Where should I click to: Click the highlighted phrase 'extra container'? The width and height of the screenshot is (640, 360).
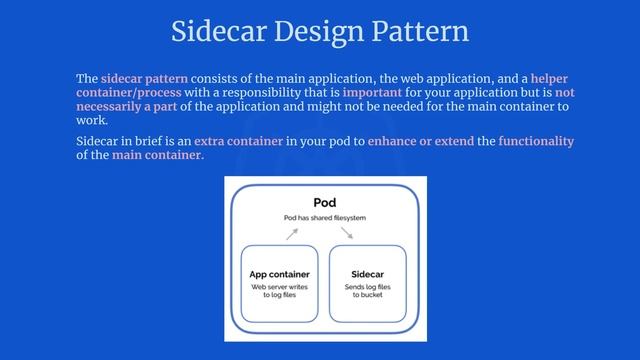click(238, 141)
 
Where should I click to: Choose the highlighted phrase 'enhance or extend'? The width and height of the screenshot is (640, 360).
click(419, 141)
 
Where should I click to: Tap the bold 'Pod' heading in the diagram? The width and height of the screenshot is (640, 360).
click(324, 202)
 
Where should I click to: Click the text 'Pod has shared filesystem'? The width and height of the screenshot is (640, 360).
click(324, 217)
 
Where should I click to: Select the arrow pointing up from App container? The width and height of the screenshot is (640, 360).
click(292, 233)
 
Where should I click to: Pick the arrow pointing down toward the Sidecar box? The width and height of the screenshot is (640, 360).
click(347, 233)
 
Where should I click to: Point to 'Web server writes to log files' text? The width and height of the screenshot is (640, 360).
click(279, 291)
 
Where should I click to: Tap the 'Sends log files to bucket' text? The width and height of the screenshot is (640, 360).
click(368, 291)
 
